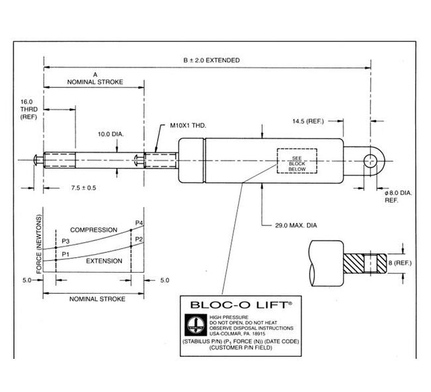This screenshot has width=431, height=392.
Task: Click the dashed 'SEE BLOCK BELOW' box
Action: [x=296, y=161]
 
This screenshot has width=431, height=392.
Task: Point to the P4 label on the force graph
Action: [x=139, y=222]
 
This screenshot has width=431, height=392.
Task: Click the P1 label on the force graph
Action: [x=64, y=253]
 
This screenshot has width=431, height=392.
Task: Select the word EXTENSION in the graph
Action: [x=104, y=261]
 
